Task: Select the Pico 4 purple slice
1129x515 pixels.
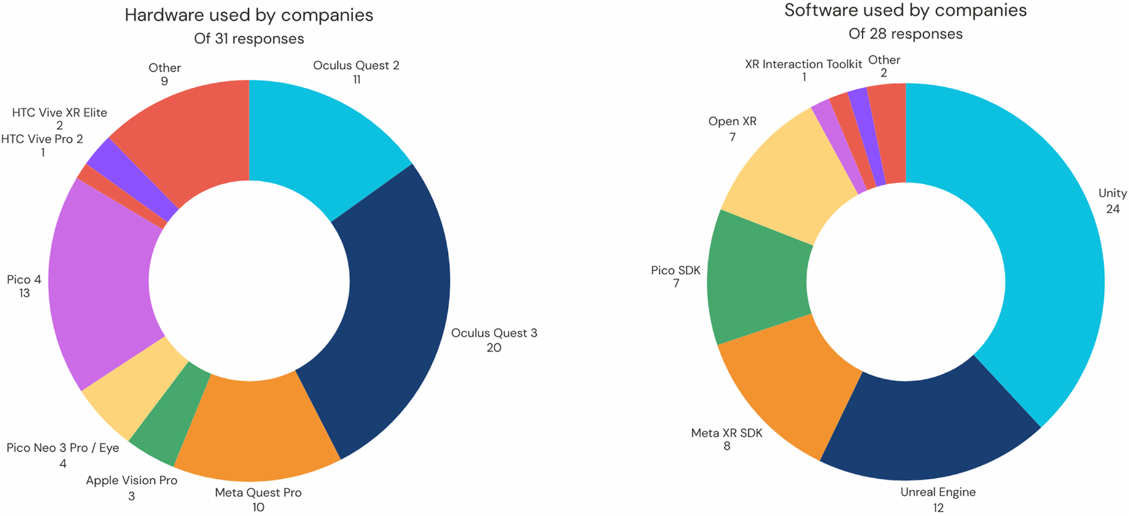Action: click(101, 282)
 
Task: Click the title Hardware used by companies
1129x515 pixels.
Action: click(249, 15)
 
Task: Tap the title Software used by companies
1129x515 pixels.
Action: click(905, 10)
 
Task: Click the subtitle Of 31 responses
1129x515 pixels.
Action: click(249, 39)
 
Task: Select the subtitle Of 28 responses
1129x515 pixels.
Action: click(905, 34)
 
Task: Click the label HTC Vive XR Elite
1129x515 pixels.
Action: click(60, 112)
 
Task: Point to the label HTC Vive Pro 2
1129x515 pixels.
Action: click(42, 139)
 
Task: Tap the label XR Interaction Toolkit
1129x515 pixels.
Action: click(803, 64)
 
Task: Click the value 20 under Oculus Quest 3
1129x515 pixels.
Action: click(494, 347)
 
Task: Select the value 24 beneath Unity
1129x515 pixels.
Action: click(1112, 209)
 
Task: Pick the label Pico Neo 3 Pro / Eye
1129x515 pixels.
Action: click(63, 447)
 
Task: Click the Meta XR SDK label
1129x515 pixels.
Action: click(727, 433)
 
